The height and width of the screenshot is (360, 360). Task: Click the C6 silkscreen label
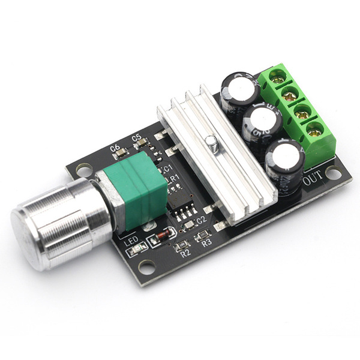point(115,146)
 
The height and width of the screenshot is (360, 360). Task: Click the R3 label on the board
point(207,243)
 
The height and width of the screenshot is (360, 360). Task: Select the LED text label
point(131,239)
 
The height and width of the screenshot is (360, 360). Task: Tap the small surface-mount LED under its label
point(137,248)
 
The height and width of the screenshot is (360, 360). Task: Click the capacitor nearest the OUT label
point(283,158)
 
